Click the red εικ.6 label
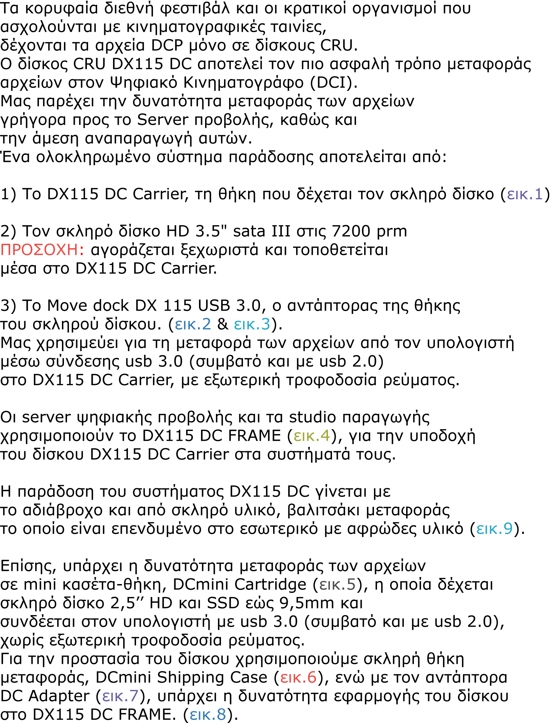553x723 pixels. tap(298, 678)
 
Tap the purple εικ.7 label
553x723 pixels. tap(120, 696)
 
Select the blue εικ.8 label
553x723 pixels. tap(207, 715)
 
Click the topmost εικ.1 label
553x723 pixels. tap(525, 194)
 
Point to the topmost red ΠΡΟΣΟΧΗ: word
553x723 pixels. tap(42, 250)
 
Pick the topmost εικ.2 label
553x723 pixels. tap(193, 324)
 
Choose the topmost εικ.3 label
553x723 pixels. tap(252, 324)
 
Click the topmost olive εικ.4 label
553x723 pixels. tap(312, 436)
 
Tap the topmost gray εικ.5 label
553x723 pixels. tap(337, 585)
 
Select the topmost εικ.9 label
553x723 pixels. tap(494, 529)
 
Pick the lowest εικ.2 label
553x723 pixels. tap(193, 662)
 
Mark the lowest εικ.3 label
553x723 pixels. tap(252, 662)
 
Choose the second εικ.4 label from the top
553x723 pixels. tap(312, 504)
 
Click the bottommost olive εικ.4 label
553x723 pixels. tap(312, 706)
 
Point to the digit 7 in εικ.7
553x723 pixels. tap(134, 696)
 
